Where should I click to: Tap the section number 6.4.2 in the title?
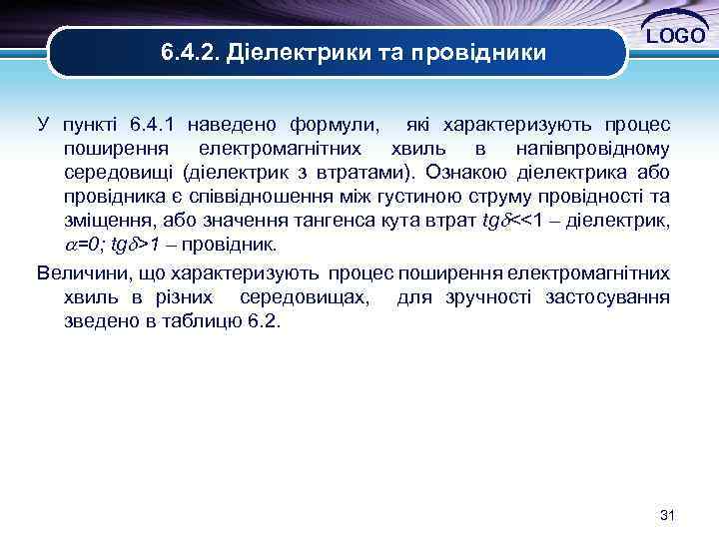tap(189, 51)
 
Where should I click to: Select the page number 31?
tap(668, 515)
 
